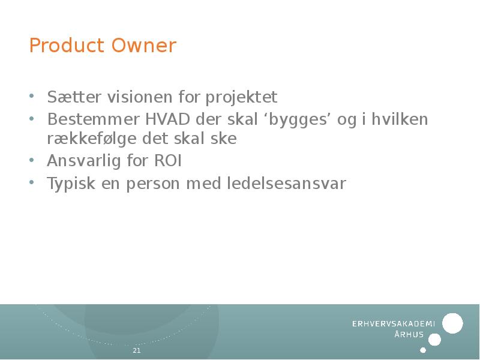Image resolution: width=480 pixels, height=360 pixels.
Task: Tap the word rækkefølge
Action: point(92,139)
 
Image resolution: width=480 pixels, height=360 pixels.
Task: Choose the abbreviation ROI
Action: point(169,161)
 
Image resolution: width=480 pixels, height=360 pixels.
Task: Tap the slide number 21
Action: point(136,350)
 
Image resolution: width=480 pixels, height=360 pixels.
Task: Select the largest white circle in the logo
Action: point(452,323)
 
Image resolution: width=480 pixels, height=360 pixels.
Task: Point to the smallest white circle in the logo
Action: point(423,350)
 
